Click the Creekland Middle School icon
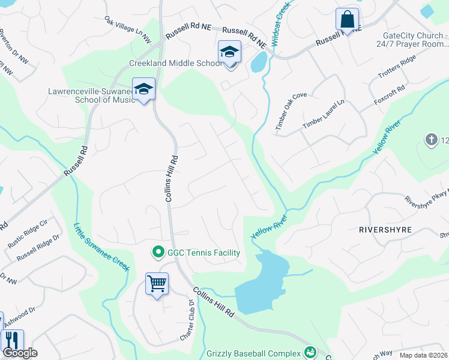pos(229,53)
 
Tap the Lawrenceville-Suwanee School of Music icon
pos(143,90)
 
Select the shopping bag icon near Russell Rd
pos(347,20)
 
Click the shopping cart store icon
pos(157,284)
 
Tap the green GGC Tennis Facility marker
pos(158,252)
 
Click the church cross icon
pos(430,140)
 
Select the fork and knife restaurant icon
pos(12,340)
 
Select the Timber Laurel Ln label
pos(324,114)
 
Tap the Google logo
pos(19,352)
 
